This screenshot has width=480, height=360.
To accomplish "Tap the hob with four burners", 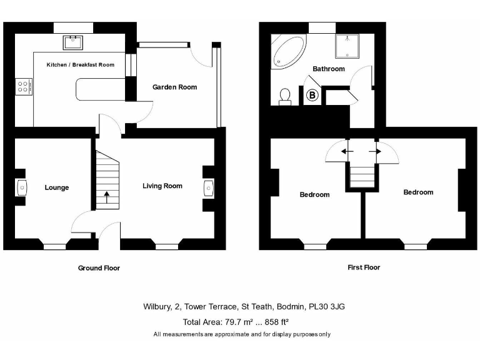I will tap(24, 86).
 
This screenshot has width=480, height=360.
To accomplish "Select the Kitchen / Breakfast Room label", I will tap(80, 64).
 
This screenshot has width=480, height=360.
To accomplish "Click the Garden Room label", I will tap(175, 87).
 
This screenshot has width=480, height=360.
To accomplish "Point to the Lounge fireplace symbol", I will tap(22, 187).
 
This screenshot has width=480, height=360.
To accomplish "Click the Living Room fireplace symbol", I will tap(208, 187).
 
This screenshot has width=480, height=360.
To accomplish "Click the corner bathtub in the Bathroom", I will tap(286, 50).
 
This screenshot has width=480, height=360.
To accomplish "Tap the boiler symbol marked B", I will tap(313, 96).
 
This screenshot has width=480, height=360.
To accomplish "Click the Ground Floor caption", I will tap(99, 268).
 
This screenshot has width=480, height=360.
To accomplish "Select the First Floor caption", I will tap(364, 267).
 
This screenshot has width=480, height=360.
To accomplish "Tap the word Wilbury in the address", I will tap(156, 307).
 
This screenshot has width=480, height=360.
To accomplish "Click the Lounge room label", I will tap(57, 187).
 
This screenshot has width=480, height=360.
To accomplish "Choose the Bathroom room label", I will tap(329, 69).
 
